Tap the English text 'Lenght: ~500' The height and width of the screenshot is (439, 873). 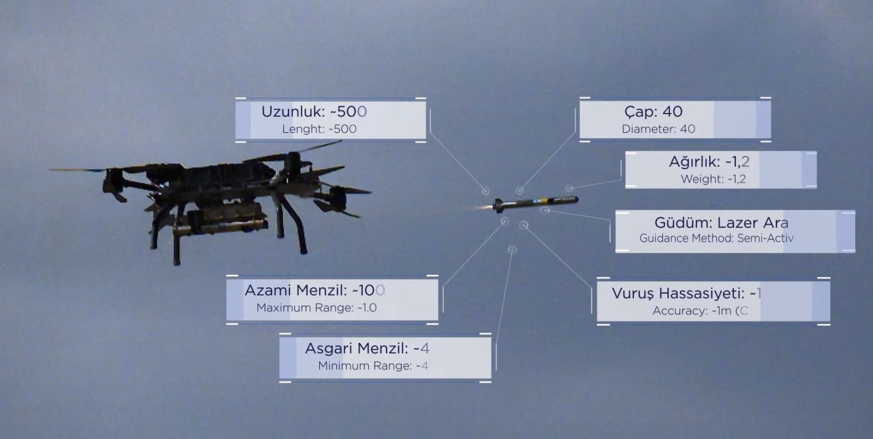tap(319, 129)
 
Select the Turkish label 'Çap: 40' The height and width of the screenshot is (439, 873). tap(653, 111)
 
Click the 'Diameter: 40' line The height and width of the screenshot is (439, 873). tap(658, 129)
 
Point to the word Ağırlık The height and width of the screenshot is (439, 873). tap(695, 162)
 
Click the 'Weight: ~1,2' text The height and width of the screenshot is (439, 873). tap(713, 179)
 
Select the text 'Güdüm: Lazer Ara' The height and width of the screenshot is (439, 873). tap(721, 223)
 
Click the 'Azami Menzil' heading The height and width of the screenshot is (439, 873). tap(295, 290)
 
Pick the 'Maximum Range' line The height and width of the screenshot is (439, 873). tap(316, 308)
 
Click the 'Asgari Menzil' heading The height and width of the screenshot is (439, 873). tap(356, 348)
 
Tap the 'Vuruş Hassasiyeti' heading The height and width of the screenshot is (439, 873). tap(678, 293)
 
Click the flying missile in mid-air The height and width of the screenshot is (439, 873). tap(535, 203)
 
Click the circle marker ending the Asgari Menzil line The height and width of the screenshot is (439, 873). tap(512, 250)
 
